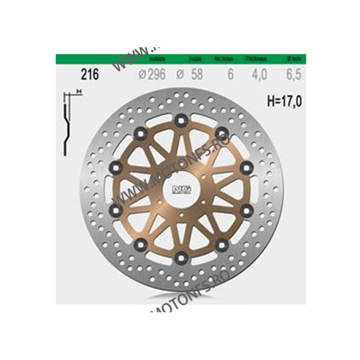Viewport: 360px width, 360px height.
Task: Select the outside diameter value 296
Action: click(x=156, y=74)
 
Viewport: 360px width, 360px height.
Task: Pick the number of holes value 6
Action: click(x=230, y=74)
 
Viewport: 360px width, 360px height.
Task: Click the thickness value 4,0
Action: click(x=258, y=74)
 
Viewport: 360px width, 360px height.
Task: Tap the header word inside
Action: click(x=195, y=59)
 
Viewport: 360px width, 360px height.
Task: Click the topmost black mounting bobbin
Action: click(x=182, y=119)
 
